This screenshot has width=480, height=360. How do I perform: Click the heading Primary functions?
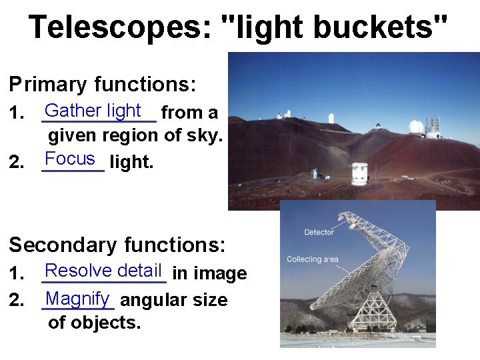pos(102,84)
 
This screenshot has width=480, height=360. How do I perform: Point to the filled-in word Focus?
pos(70,159)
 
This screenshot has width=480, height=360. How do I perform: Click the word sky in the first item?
pos(207,135)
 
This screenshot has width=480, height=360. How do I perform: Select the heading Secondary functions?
pos(117,245)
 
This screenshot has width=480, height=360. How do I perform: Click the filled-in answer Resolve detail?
pos(103,271)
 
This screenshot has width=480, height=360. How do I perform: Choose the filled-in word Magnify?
pos(78,299)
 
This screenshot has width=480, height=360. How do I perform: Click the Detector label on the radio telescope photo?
pos(319,233)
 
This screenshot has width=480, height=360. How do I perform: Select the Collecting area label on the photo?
pos(312,259)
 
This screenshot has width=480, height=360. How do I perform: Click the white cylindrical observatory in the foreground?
pos(359,173)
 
